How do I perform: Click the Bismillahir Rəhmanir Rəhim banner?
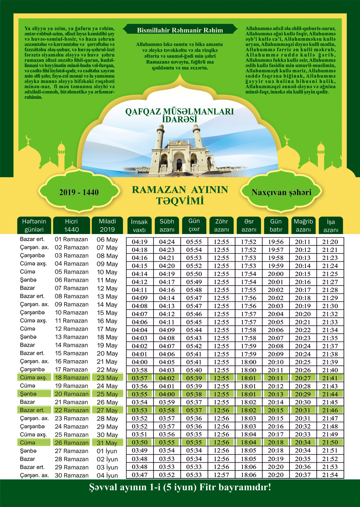coord(180,30)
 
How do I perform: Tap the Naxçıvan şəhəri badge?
coord(281,192)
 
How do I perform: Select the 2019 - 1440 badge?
coord(79,192)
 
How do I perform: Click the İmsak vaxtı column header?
coord(139,226)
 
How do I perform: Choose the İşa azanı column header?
coord(331,226)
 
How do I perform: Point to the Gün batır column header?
coord(276,225)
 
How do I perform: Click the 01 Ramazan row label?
coord(71,239)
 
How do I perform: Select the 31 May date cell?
coord(107,443)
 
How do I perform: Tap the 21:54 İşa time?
coord(330,475)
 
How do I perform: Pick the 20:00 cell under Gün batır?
coord(276,274)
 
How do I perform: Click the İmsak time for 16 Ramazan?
coord(139,362)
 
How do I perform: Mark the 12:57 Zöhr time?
coord(221,475)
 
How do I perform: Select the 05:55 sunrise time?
coord(194,242)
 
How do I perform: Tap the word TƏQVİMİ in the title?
coord(180,201)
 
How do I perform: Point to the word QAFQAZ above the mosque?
coord(143,112)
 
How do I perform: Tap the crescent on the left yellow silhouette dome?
coord(28,138)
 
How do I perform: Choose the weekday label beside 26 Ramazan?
coord(28,443)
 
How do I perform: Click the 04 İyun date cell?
coord(107,475)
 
